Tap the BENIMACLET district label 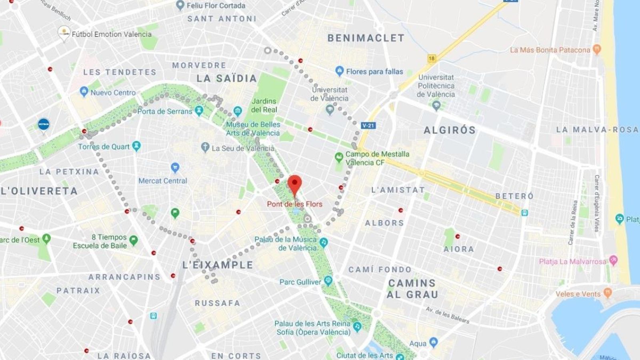tap(366, 38)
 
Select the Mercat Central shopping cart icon tap(175, 167)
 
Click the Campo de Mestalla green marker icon tap(339, 157)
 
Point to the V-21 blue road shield tap(368, 126)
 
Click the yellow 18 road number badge tap(431, 58)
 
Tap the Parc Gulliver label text tap(300, 282)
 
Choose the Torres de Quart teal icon tap(136, 146)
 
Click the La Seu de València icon tap(205, 148)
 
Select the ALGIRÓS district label tap(450, 130)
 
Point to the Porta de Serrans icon tap(199, 110)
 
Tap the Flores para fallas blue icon tap(340, 71)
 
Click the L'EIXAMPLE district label tap(218, 265)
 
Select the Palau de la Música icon tap(324, 242)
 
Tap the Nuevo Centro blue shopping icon tap(84, 92)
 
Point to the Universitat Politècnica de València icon tap(436, 106)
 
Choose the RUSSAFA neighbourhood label tap(218, 303)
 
